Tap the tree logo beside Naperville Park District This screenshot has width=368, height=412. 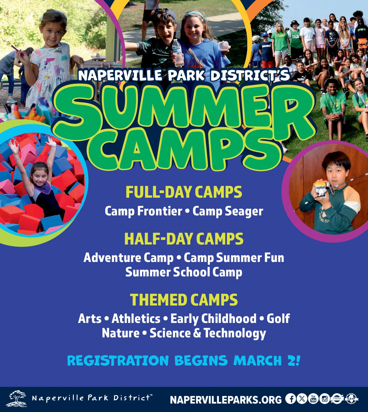(x=16, y=399)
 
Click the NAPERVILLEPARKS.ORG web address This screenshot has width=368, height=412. (x=226, y=400)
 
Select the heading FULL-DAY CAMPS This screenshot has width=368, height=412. (x=184, y=192)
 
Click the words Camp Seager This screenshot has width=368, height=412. (x=228, y=212)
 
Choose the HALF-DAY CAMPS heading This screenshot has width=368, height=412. (x=184, y=239)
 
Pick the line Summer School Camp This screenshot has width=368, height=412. (x=184, y=272)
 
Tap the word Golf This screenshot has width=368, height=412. (x=278, y=319)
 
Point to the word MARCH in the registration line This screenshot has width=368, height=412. (x=258, y=361)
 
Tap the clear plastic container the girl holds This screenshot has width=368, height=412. (x=223, y=46)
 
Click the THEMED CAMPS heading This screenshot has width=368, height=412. (x=184, y=300)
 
